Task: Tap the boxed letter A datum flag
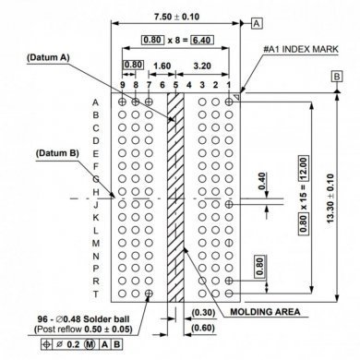click(257, 21)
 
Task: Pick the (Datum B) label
click(57, 152)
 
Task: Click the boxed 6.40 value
click(201, 41)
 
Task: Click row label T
click(95, 293)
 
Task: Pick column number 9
click(123, 85)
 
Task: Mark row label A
click(95, 102)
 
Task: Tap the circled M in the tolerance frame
click(90, 346)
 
